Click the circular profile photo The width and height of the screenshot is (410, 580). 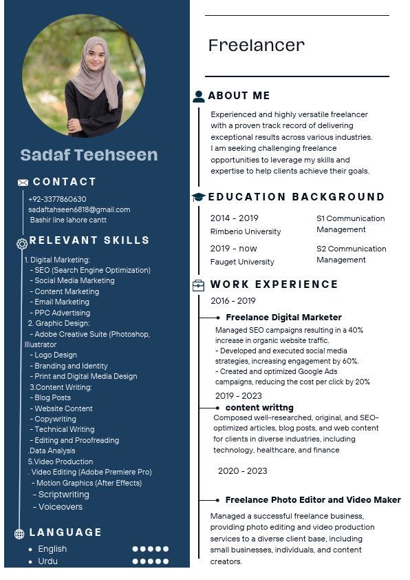coord(84,76)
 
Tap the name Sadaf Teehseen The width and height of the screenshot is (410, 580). coord(89,155)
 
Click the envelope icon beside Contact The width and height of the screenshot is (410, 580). coord(23,183)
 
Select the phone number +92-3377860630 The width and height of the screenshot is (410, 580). coord(57,199)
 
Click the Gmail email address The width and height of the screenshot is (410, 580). coord(79,209)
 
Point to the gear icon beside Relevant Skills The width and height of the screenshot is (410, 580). coord(22,243)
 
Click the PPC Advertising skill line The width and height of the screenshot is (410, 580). coord(61,313)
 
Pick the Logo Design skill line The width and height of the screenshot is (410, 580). coord(55,355)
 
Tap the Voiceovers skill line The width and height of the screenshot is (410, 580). coord(60,507)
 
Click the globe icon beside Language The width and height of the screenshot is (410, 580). coord(19,533)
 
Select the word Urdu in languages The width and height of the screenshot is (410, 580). coord(47,561)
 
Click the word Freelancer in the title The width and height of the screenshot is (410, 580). coord(256,46)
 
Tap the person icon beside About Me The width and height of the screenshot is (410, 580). coord(199,96)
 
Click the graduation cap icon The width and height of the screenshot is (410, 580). coord(198,197)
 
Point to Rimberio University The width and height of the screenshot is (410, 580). coord(246,231)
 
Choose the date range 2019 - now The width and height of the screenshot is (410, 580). coord(233,249)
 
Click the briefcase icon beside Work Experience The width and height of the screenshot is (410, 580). coord(198,284)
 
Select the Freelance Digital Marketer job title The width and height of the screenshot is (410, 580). coord(283,318)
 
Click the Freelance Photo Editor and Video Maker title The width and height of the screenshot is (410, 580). coord(313,500)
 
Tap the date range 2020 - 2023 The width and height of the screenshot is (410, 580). coord(242,471)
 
